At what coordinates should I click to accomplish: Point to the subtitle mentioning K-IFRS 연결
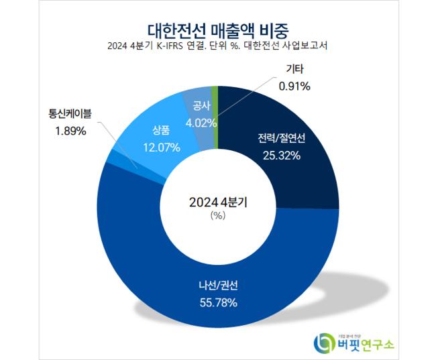219,46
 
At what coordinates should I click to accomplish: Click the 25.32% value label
281,156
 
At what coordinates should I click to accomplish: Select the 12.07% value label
161,147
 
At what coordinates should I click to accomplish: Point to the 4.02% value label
201,123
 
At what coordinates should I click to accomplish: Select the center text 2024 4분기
218,201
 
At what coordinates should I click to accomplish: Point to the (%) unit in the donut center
218,215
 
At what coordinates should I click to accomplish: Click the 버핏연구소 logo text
366,344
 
